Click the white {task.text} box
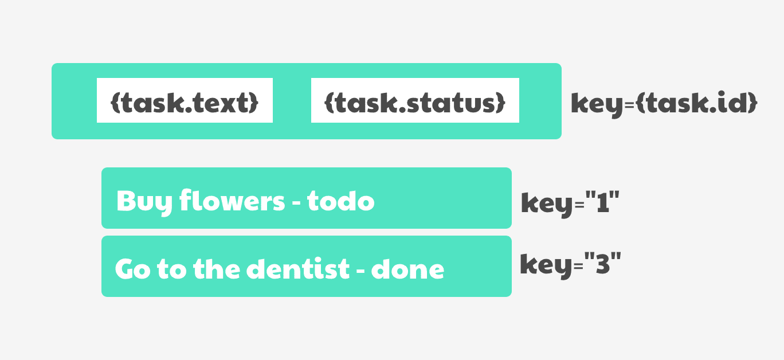[x=185, y=100]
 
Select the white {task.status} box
[x=415, y=100]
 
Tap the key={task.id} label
[x=664, y=104]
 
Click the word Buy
[x=144, y=202]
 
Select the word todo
[x=340, y=201]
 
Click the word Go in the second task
[x=132, y=269]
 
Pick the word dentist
[x=298, y=268]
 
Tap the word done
[x=407, y=269]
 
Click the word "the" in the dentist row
[x=216, y=268]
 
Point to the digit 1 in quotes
[x=603, y=202]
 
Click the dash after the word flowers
[x=296, y=202]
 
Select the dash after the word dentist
[x=360, y=271]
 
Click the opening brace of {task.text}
[x=115, y=103]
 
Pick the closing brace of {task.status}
[x=501, y=103]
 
